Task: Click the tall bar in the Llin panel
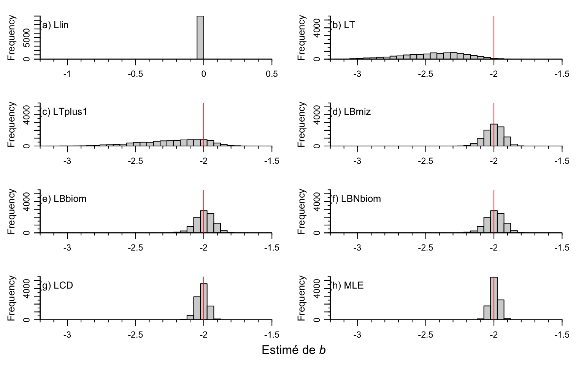[x=200, y=38]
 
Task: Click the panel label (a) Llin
[x=54, y=25]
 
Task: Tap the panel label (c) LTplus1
[x=63, y=112]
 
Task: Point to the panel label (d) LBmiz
[x=350, y=112]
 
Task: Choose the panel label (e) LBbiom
[x=63, y=199]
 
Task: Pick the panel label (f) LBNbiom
[x=355, y=199]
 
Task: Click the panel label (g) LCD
[x=56, y=286]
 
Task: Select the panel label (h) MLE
[x=346, y=286]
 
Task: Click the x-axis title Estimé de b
[x=294, y=350]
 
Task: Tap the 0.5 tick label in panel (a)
[x=272, y=74]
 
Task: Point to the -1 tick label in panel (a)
[x=67, y=74]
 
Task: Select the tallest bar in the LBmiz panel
[x=494, y=135]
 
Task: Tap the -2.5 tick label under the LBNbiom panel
[x=425, y=248]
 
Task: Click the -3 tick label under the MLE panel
[x=357, y=335]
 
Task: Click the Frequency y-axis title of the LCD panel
[x=11, y=298]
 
